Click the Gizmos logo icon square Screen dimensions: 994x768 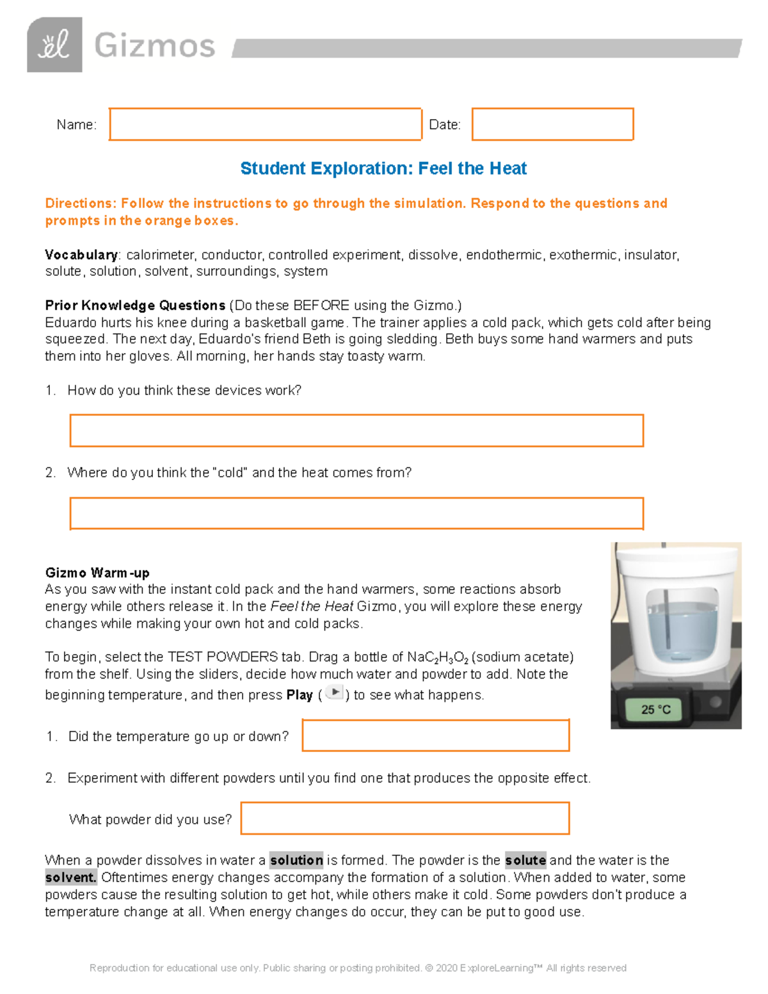point(54,45)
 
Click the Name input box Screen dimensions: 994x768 point(265,124)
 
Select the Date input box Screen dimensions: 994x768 point(552,124)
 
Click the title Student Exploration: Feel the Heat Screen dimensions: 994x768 point(383,168)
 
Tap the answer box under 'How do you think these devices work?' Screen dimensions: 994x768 point(356,430)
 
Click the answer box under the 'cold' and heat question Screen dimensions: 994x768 point(356,513)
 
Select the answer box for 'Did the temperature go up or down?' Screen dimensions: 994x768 point(435,735)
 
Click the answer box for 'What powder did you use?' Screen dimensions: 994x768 point(404,819)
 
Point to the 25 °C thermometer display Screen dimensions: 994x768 point(656,709)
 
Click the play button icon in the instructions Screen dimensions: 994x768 point(334,693)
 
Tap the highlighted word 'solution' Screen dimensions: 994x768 point(296,860)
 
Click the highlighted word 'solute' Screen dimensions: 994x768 point(525,860)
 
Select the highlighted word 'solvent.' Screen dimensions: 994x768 point(70,877)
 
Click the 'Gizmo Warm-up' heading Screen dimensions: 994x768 point(97,573)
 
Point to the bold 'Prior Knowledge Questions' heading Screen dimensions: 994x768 point(135,305)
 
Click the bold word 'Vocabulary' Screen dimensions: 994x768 point(81,255)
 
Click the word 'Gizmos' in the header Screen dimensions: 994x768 point(154,46)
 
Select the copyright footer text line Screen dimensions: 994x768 point(358,968)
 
